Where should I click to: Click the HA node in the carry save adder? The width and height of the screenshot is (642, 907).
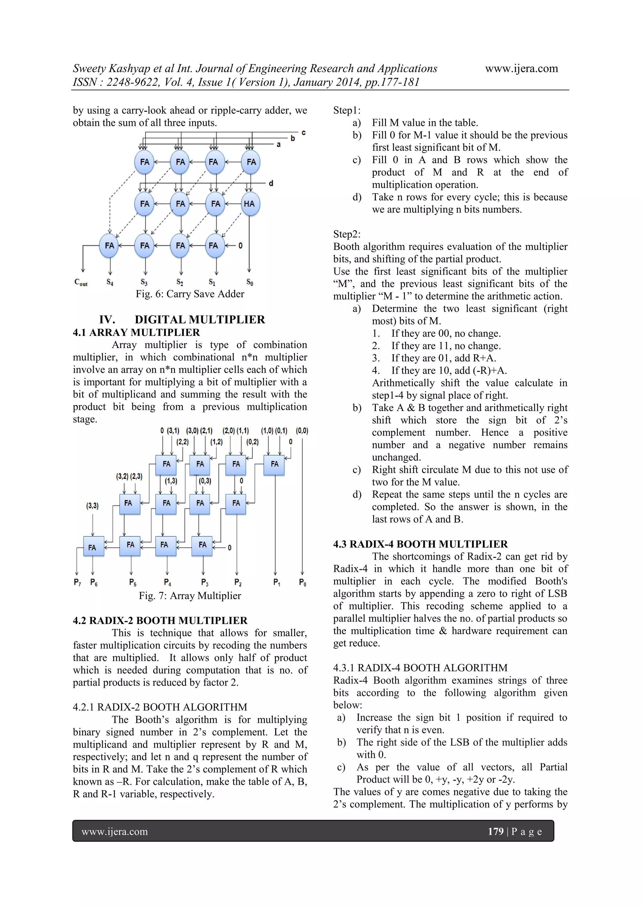pos(250,204)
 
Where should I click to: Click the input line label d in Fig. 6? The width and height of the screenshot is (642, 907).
pos(271,183)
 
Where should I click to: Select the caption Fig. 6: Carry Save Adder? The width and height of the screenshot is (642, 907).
pos(190,294)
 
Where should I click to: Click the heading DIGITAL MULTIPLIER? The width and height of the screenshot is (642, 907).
pos(200,320)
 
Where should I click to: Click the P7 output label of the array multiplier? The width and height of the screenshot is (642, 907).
pos(77,582)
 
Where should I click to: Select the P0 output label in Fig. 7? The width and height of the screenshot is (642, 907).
pos(303,582)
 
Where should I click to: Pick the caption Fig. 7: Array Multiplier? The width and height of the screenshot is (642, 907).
pos(190,596)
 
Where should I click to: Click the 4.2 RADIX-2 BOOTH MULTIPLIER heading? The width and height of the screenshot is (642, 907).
pos(160,621)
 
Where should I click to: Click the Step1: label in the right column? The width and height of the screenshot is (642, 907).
pos(347,110)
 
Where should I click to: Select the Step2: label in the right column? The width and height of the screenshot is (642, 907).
pos(347,234)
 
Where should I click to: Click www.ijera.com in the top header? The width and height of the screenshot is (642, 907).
pos(521,68)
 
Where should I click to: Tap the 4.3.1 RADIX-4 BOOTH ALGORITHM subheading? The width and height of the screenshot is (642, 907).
pos(420,668)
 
